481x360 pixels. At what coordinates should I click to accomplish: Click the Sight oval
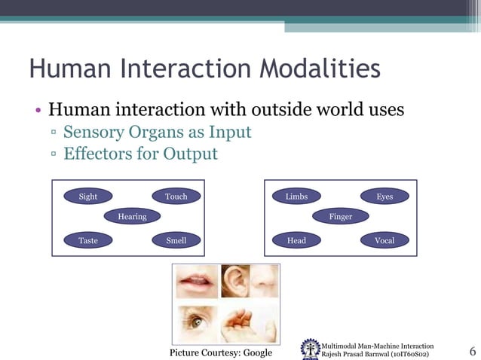click(x=88, y=197)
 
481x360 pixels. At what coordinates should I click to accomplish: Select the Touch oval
click(x=176, y=197)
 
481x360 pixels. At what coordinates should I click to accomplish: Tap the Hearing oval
click(x=132, y=217)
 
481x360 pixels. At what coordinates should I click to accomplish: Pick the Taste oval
click(x=88, y=241)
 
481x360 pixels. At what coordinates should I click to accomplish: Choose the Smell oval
click(x=176, y=241)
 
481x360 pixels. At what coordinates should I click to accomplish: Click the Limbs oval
click(x=296, y=197)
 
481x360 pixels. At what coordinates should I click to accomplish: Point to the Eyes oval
click(x=384, y=197)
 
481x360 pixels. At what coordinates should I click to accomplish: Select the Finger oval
click(x=341, y=217)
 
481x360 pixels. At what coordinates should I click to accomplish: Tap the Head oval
click(x=296, y=241)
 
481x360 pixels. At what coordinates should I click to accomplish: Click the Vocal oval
click(x=384, y=241)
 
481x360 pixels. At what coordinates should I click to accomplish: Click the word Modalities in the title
click(x=319, y=70)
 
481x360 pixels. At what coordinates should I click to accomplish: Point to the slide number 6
click(x=472, y=351)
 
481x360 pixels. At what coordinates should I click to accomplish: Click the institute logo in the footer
click(x=309, y=348)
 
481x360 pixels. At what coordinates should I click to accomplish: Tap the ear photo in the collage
click(x=235, y=282)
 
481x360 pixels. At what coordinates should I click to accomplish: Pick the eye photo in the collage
click(x=197, y=322)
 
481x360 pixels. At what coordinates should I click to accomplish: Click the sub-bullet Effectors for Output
click(x=140, y=154)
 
